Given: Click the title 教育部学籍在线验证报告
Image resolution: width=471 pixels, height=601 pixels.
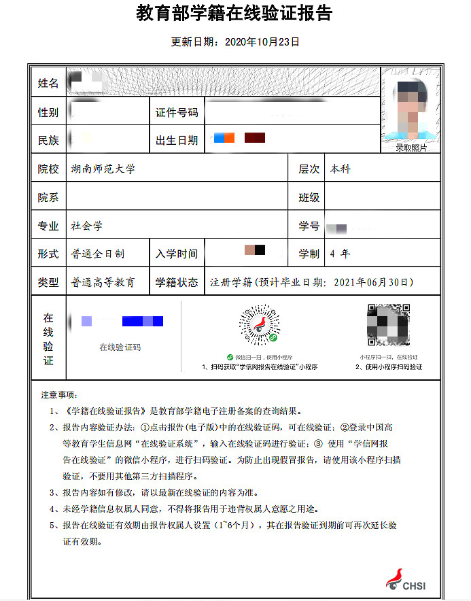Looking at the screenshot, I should tap(234, 14).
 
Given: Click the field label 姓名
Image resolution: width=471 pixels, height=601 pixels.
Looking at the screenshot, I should tap(48, 84).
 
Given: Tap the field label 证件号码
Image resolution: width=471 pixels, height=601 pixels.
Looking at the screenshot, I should tap(177, 112).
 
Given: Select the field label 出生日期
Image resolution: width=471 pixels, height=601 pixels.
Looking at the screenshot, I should tap(177, 140).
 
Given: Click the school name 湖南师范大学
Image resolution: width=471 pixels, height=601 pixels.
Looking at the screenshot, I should tap(103, 169).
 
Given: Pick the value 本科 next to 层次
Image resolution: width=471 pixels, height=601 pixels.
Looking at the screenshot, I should tap(341, 169).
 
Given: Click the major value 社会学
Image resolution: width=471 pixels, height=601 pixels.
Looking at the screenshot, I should tap(87, 226).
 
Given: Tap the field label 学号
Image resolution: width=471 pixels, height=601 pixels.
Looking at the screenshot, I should tap(309, 226).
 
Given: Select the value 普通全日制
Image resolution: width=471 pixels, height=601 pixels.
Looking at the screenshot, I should tap(98, 254).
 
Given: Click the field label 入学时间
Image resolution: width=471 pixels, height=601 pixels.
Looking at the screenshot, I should tap(177, 254).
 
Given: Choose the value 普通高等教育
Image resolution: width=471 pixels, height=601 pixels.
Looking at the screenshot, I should tap(103, 282).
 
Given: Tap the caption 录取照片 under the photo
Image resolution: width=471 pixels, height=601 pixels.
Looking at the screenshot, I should tap(411, 148).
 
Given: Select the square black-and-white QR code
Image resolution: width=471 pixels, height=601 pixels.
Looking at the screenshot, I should tap(388, 325).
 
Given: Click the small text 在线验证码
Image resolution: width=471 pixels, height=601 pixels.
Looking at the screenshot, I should tap(120, 347).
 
